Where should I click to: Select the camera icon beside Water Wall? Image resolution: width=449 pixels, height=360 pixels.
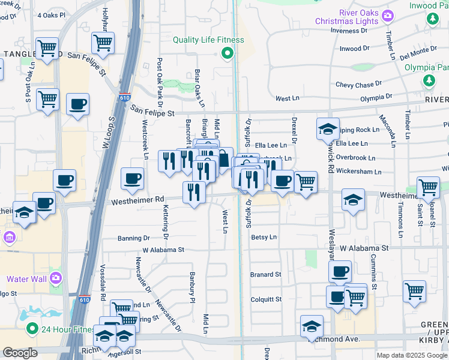point(55,278)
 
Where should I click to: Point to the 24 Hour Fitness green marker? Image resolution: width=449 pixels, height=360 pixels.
point(31,329)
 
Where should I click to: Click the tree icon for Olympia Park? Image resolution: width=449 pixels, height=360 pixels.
point(429,80)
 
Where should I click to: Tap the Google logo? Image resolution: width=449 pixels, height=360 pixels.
point(20,353)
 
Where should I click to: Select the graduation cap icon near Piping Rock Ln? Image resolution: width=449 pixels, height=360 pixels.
point(328,128)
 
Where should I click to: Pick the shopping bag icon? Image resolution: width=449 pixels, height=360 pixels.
point(223,159)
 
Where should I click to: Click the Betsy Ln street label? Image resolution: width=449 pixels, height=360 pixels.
point(264,237)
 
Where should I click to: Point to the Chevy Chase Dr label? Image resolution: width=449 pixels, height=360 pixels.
point(358,85)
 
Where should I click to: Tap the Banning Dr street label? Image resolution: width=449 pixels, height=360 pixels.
point(133,238)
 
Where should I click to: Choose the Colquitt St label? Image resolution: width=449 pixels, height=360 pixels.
point(265,299)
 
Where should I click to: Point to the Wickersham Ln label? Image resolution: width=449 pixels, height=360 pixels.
point(359,172)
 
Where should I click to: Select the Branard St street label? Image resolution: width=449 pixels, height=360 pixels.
point(265,275)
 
